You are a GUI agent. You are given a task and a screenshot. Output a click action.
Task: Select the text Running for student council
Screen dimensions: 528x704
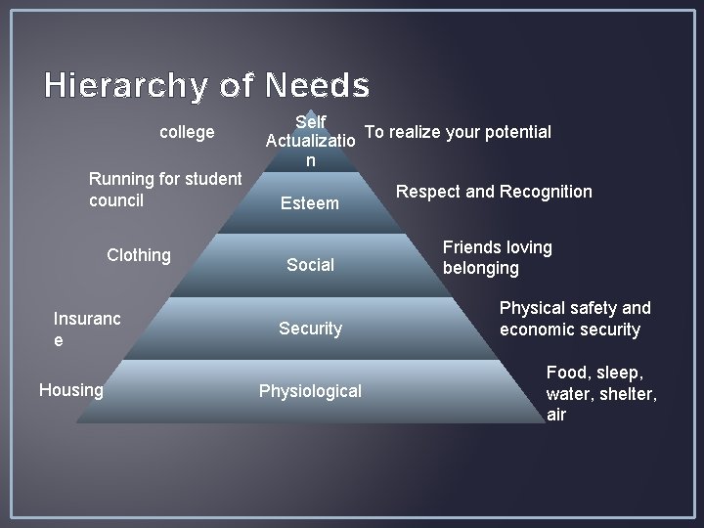point(164,190)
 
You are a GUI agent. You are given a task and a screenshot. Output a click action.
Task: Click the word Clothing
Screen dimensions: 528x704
point(139,255)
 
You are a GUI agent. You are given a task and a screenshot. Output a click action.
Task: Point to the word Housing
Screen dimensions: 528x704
point(71,390)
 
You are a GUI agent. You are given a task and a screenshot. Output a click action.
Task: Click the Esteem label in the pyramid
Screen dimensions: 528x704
point(310,203)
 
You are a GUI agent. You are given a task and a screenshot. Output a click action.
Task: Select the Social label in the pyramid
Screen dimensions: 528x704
point(310,264)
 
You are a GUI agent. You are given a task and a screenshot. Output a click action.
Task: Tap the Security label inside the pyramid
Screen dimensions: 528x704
point(310,329)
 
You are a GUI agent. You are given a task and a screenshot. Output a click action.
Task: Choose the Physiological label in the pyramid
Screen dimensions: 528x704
point(310,391)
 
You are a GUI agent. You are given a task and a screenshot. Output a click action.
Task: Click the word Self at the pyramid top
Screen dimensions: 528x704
point(310,122)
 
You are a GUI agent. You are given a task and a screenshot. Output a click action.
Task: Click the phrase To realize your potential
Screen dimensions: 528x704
point(458,132)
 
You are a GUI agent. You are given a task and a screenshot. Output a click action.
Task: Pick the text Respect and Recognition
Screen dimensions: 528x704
point(494,191)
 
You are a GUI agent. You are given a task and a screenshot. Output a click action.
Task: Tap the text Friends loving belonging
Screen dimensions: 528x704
point(497,257)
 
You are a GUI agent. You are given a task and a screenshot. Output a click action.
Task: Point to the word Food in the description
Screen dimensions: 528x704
point(566,373)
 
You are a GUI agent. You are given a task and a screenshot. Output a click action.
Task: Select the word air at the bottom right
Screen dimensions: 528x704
point(556,415)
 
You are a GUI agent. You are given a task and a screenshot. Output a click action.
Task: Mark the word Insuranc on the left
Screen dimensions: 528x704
point(87,319)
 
